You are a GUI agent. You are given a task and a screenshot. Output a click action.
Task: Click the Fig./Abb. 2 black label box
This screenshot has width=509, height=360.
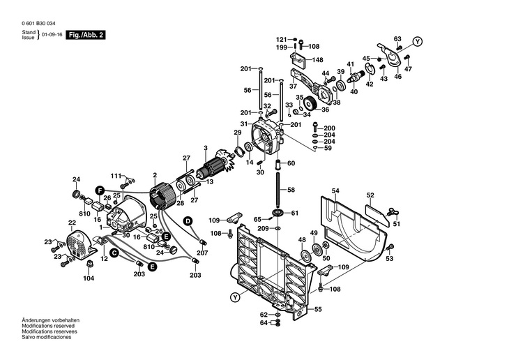point(86,35)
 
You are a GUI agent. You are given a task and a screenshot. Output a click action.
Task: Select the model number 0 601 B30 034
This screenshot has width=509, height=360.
point(38,24)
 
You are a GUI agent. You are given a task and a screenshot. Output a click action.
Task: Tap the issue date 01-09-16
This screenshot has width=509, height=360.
point(52,35)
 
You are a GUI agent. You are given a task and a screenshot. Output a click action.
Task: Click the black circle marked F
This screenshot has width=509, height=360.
point(100,190)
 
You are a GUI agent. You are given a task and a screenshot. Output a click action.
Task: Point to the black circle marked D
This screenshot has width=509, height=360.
point(188,221)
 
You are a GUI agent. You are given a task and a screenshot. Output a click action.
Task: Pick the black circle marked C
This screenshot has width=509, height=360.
point(114,253)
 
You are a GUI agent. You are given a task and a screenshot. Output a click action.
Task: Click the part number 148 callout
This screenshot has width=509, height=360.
point(317,60)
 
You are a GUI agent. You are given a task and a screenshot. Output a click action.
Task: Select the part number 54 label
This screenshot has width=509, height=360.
point(335,190)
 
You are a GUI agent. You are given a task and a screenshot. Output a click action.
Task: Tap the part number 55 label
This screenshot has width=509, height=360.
point(318,309)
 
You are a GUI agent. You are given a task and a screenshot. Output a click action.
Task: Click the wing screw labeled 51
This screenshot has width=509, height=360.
point(393,213)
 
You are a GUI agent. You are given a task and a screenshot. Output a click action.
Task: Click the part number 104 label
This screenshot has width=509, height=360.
point(89,278)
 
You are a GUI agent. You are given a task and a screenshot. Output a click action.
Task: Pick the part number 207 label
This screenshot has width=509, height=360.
point(202,253)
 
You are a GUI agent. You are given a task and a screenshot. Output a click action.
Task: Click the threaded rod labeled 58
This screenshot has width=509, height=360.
point(278,190)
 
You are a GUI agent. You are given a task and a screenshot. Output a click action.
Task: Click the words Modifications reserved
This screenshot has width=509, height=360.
point(48,326)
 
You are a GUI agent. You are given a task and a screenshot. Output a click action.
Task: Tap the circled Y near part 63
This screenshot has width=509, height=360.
point(418,41)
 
